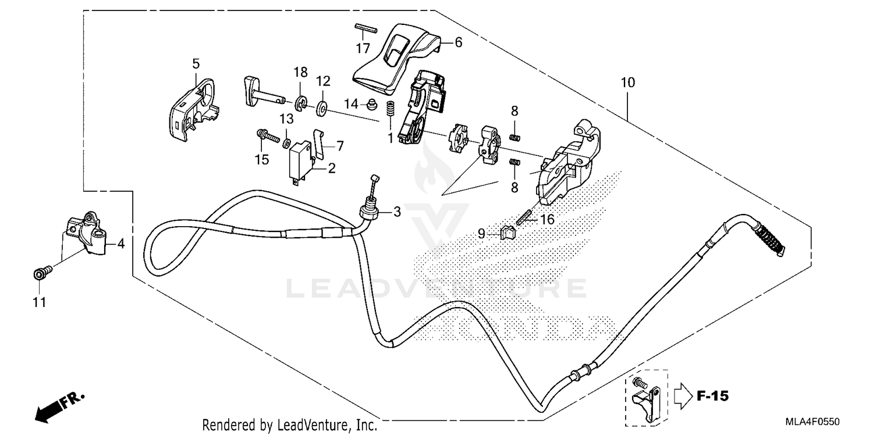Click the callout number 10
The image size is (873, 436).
point(627,83)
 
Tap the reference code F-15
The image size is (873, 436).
point(712,396)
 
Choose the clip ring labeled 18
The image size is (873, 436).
point(300,104)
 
